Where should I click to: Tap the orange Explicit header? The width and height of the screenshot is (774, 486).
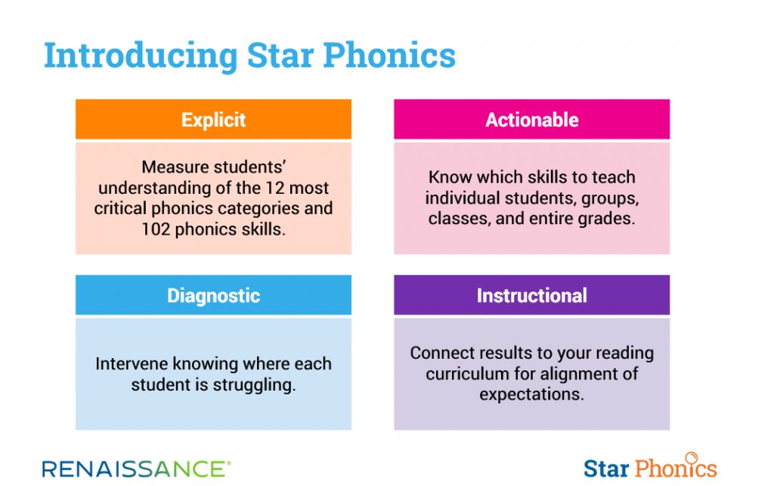(213, 120)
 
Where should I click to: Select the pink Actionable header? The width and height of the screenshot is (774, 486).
(531, 120)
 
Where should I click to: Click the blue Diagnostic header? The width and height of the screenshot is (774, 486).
(213, 295)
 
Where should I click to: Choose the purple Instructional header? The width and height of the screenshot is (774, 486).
(531, 295)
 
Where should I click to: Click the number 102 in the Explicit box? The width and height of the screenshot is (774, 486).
(156, 229)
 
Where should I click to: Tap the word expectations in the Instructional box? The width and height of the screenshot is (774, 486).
(531, 394)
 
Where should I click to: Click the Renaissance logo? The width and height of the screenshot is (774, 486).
(136, 469)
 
